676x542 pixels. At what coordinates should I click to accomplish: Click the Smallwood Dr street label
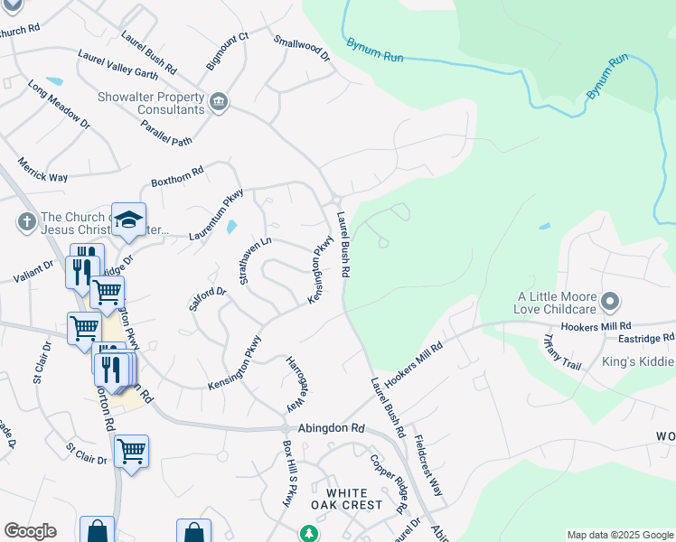click(x=303, y=48)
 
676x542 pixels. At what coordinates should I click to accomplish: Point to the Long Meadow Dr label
click(x=58, y=104)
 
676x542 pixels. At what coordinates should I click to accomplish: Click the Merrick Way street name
click(x=42, y=170)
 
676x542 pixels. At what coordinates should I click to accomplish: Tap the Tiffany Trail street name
click(x=559, y=353)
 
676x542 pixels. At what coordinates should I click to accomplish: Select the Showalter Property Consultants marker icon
click(x=218, y=101)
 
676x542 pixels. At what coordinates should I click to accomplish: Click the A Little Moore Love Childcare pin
click(x=610, y=300)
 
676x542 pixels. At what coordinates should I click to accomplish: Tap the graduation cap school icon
click(x=128, y=220)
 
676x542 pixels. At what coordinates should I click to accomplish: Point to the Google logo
click(x=30, y=531)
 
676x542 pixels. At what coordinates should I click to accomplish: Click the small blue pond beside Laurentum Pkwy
click(x=231, y=227)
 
